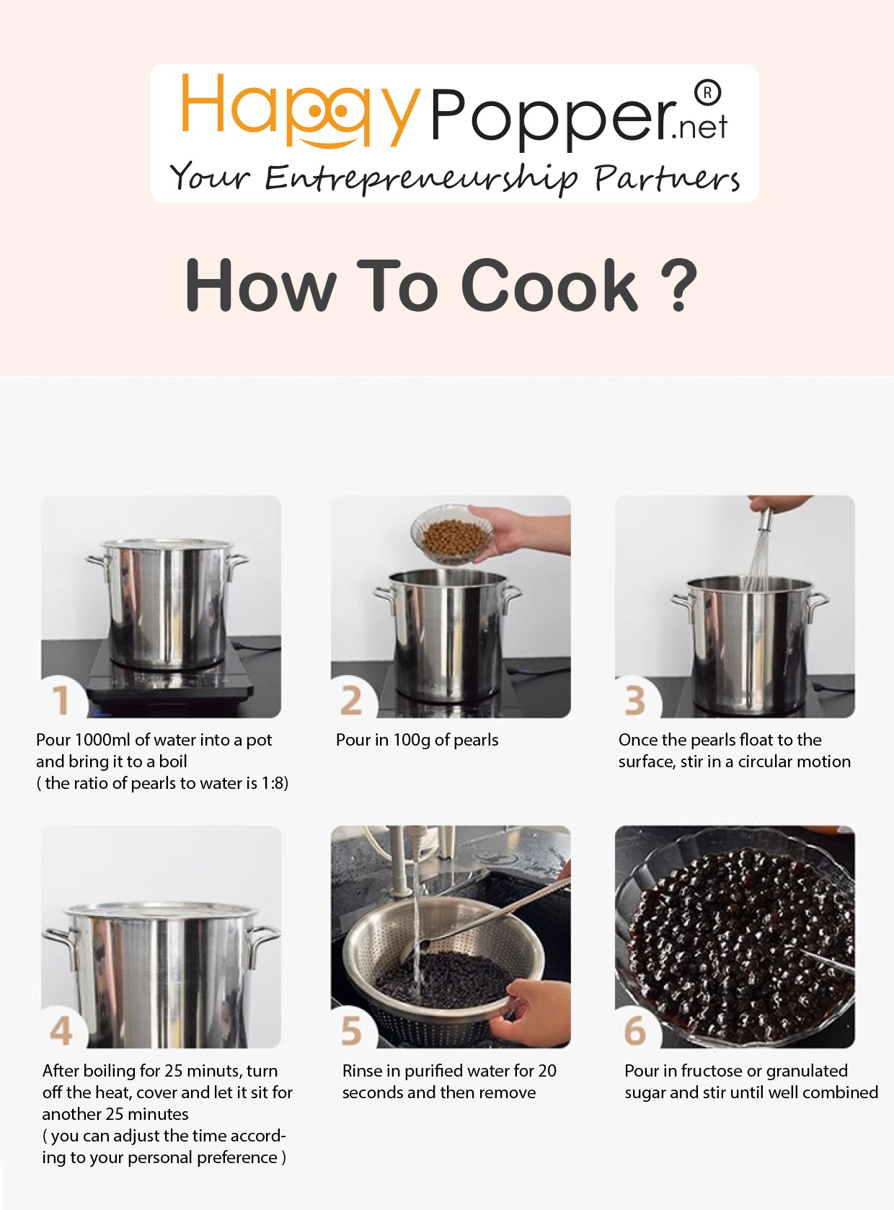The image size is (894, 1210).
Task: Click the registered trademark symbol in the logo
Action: point(707,93)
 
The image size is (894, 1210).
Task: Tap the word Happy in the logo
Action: point(301,111)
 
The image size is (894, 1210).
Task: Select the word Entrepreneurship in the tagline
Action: point(421,178)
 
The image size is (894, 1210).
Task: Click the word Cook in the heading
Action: point(549,285)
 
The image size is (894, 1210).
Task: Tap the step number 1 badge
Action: point(61,700)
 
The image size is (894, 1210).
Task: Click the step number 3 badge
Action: point(635,700)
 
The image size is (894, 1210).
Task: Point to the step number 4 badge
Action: point(61,1030)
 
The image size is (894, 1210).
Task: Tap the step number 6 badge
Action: point(635,1030)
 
